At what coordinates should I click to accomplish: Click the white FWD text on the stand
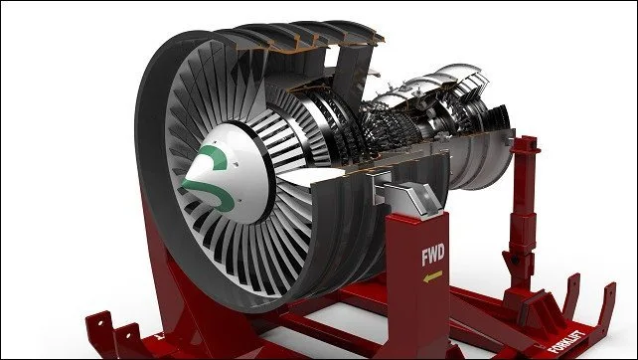433,255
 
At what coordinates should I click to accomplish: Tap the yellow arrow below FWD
432,276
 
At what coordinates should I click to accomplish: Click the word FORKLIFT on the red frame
566,341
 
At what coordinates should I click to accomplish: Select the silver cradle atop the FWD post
406,194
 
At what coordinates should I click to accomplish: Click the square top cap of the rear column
526,144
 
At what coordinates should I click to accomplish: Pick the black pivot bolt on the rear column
515,260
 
